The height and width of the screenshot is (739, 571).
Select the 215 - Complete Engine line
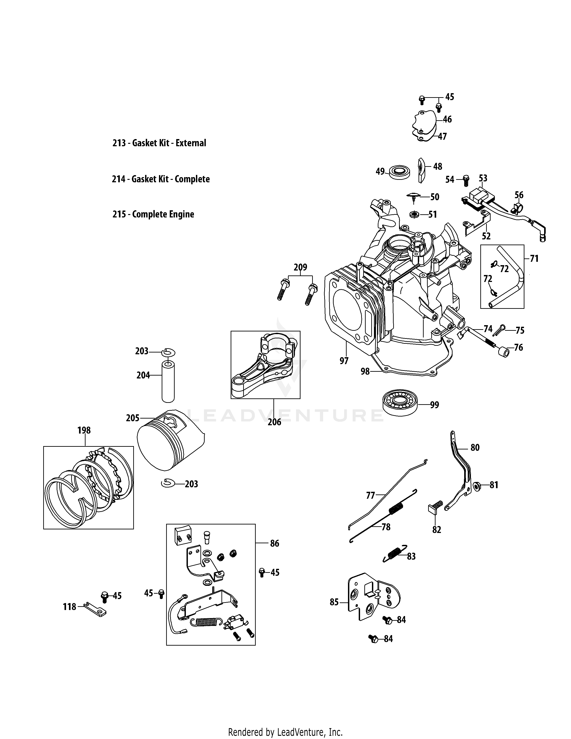point(153,214)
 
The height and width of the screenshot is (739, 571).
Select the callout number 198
point(84,430)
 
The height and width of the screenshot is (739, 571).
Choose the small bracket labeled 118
point(95,609)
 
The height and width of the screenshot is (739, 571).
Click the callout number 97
point(344,361)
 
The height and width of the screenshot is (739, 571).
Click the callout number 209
point(300,267)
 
